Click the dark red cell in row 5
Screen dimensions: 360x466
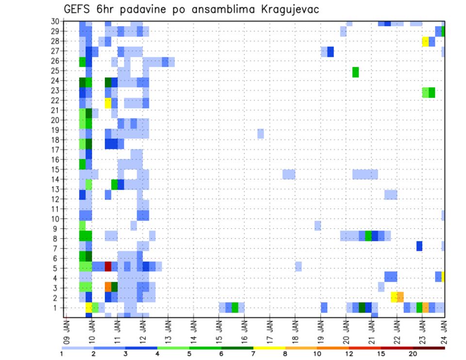click(108, 266)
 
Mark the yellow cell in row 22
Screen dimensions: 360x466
click(108, 103)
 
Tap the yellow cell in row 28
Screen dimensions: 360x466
click(425, 41)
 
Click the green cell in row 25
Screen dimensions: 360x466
click(355, 72)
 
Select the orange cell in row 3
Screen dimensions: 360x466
click(108, 286)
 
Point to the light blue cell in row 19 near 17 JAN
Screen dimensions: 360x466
click(261, 133)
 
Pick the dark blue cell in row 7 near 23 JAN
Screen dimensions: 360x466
click(419, 246)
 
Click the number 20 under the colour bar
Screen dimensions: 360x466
click(413, 353)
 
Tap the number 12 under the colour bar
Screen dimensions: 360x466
click(349, 353)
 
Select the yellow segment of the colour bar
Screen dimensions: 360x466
click(269, 348)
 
